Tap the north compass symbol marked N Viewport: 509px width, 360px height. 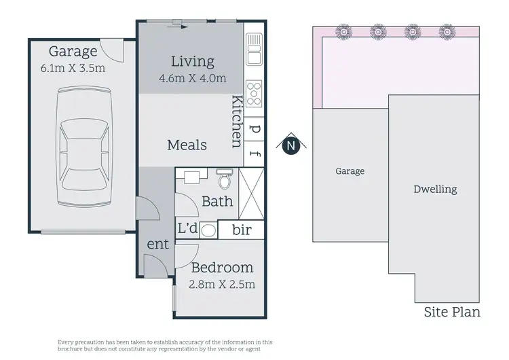pyautogui.click(x=291, y=145)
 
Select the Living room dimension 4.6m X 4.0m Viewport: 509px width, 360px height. pyautogui.click(x=192, y=78)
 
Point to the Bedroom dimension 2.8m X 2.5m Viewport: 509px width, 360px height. pyautogui.click(x=222, y=284)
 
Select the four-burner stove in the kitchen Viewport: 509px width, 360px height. pyautogui.click(x=254, y=92)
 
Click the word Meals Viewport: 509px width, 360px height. pyautogui.click(x=187, y=145)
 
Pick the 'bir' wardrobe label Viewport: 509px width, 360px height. pyautogui.click(x=241, y=230)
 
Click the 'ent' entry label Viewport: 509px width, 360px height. pyautogui.click(x=157, y=244)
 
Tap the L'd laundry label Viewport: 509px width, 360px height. pyautogui.click(x=188, y=229)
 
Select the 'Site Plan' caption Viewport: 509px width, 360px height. pyautogui.click(x=452, y=312)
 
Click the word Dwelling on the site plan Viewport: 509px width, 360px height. pyautogui.click(x=435, y=190)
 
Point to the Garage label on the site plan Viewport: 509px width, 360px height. pyautogui.click(x=350, y=171)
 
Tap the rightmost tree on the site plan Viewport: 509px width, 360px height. pyautogui.click(x=446, y=31)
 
